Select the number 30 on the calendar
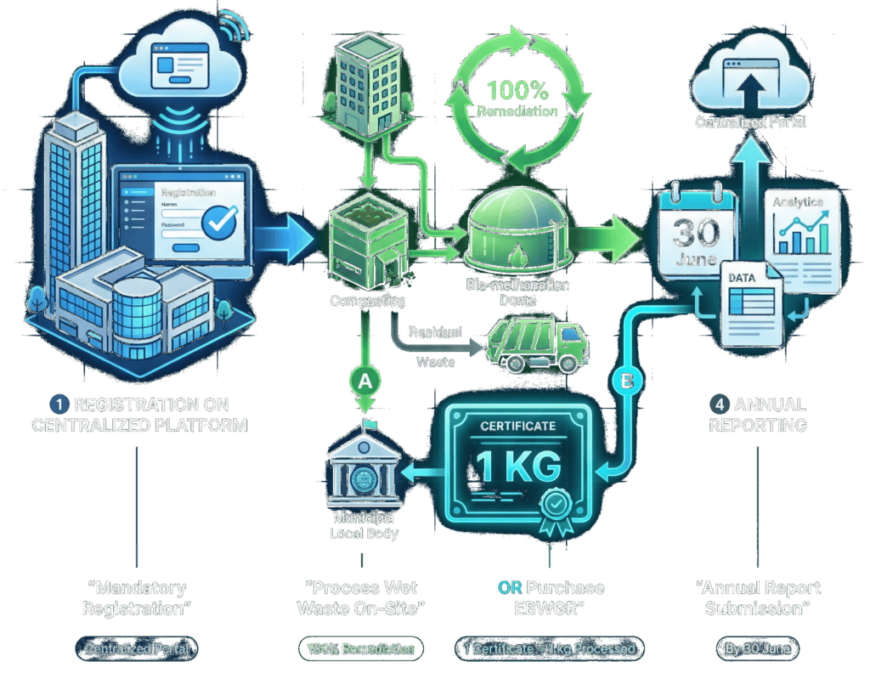coord(695,234)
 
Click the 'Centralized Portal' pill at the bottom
coord(137,649)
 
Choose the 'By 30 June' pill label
coord(755,649)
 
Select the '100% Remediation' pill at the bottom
coord(361,649)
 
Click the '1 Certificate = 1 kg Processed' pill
coord(550,649)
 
